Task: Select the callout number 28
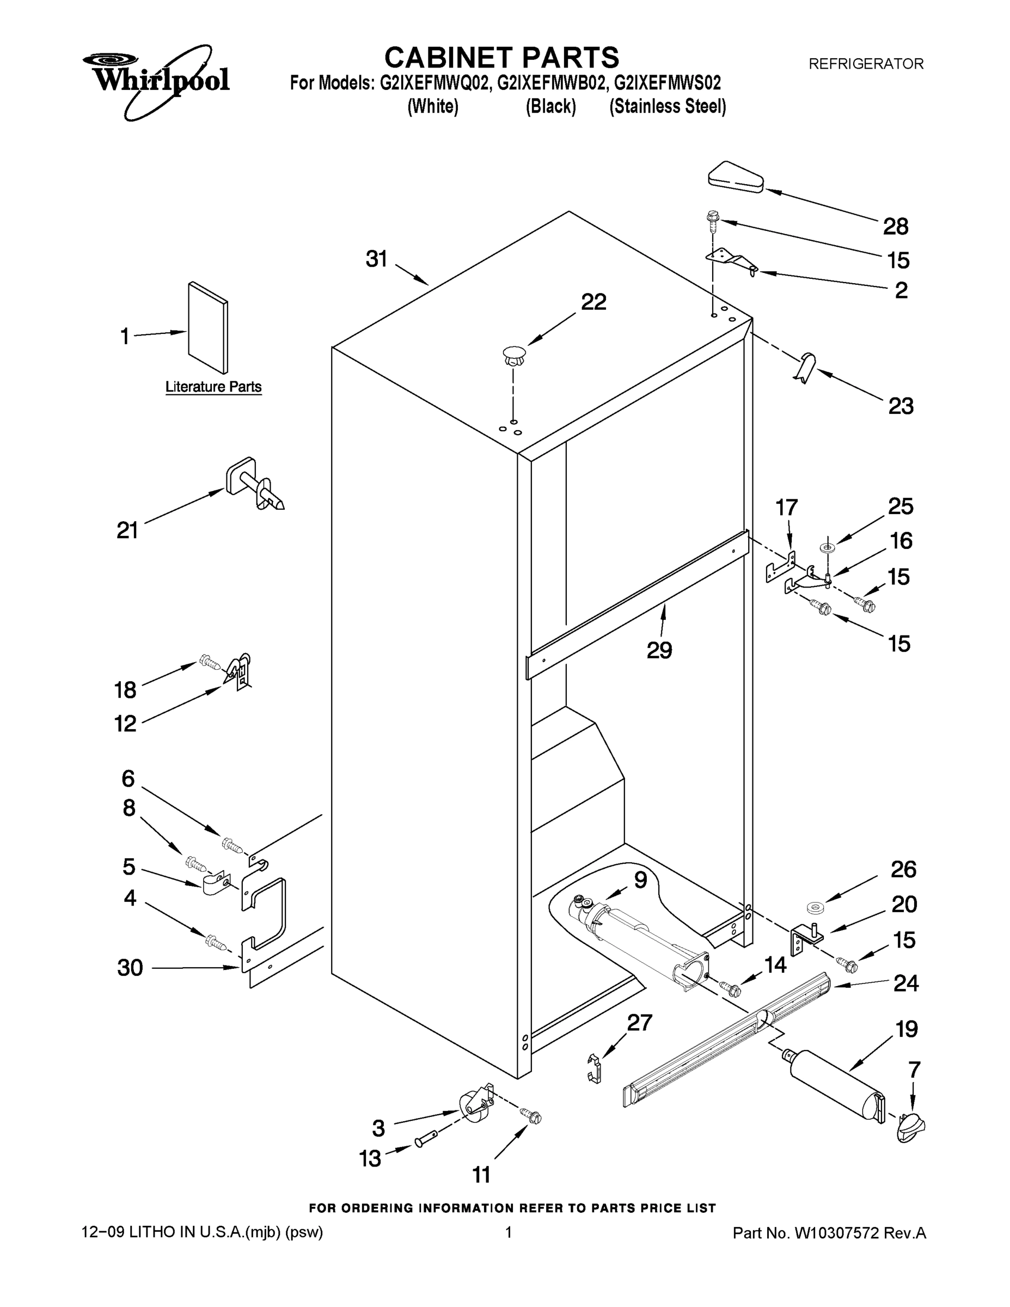[x=896, y=227]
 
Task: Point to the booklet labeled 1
[x=208, y=327]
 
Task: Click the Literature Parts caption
[x=213, y=387]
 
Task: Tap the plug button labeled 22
[x=513, y=357]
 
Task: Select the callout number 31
[x=377, y=259]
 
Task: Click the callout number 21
[x=127, y=530]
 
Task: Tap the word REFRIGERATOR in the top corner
[x=866, y=63]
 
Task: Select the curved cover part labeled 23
[x=806, y=368]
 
